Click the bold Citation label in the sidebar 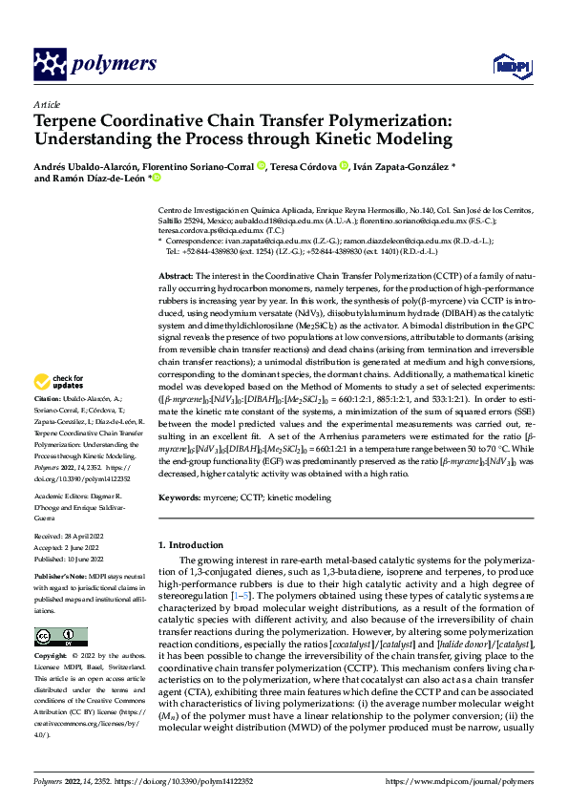click(48, 396)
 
